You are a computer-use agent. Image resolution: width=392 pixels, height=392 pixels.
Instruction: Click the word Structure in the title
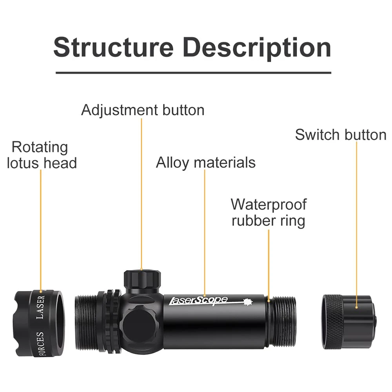tap(113, 47)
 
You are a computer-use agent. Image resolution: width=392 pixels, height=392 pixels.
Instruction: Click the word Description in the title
tap(257, 47)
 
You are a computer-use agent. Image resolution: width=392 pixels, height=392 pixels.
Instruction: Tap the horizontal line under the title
tap(193, 73)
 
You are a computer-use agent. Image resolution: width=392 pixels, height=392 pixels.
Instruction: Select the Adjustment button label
tap(143, 110)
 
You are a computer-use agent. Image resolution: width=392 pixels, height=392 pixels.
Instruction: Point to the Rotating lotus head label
tap(42, 155)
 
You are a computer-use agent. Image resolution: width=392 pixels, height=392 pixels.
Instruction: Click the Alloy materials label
tap(205, 162)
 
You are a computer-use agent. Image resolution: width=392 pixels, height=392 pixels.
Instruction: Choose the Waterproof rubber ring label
tap(269, 212)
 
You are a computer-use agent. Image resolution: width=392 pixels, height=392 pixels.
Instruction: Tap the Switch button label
tap(341, 135)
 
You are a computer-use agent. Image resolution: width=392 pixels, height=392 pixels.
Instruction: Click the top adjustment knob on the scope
tap(142, 279)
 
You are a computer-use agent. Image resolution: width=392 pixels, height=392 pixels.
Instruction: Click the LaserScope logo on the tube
tap(198, 301)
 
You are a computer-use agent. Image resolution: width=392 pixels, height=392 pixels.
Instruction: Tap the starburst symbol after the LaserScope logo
tap(247, 302)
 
